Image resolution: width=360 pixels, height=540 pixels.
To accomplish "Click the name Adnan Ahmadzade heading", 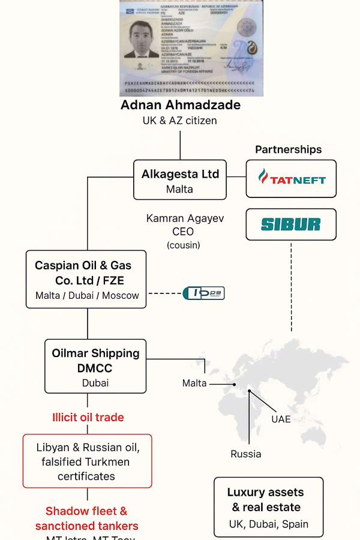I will [x=181, y=105].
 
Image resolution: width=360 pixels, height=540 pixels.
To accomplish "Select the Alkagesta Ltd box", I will [x=180, y=180].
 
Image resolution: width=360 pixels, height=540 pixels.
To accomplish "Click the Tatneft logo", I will [x=291, y=179].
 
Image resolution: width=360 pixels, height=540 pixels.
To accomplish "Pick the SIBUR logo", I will [x=291, y=224].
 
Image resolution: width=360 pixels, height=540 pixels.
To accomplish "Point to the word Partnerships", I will [x=289, y=149].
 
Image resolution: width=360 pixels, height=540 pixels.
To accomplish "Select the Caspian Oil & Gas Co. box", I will [x=86, y=279].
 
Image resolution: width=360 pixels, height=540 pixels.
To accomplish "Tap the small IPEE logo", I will [x=203, y=293].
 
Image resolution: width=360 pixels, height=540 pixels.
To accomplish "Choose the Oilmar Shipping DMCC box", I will [x=95, y=367].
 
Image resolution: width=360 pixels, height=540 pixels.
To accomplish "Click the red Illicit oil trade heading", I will [x=88, y=417].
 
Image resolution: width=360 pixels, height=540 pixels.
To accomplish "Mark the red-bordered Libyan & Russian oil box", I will [x=87, y=461].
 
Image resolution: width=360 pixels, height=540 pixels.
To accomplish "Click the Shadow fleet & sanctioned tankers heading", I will [x=87, y=518].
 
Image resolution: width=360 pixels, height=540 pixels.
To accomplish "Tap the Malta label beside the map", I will [x=194, y=383].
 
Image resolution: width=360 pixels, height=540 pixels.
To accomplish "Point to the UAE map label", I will [x=281, y=418].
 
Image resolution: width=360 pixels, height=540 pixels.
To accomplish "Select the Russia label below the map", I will [x=246, y=454].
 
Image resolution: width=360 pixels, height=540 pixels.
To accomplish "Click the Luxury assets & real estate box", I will [x=269, y=507].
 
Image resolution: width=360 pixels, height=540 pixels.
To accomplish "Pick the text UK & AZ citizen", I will [x=180, y=121].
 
